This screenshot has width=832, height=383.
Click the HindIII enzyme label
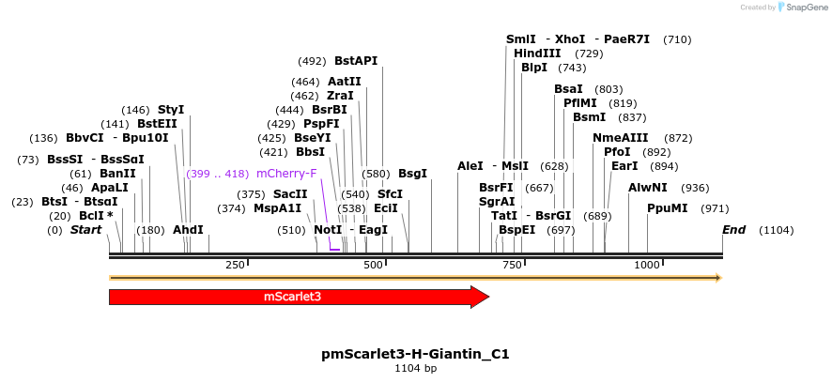538,54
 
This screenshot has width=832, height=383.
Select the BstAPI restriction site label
355,60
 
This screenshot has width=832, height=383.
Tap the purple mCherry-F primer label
286,174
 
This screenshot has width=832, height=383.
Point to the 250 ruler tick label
236,266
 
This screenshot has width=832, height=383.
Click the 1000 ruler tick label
647,266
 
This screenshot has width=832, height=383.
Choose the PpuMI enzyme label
668,208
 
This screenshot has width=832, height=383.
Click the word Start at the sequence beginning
85,230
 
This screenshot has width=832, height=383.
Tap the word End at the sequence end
733,230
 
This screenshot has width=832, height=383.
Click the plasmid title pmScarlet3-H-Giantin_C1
415,354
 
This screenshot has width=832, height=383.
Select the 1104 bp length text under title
415,368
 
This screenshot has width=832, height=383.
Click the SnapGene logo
797,8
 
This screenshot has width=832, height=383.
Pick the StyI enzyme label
171,110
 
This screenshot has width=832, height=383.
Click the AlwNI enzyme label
648,187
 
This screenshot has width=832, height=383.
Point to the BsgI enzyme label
412,174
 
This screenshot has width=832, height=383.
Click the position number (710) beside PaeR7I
677,39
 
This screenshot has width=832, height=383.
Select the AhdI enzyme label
188,230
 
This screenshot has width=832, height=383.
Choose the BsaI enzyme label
568,89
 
